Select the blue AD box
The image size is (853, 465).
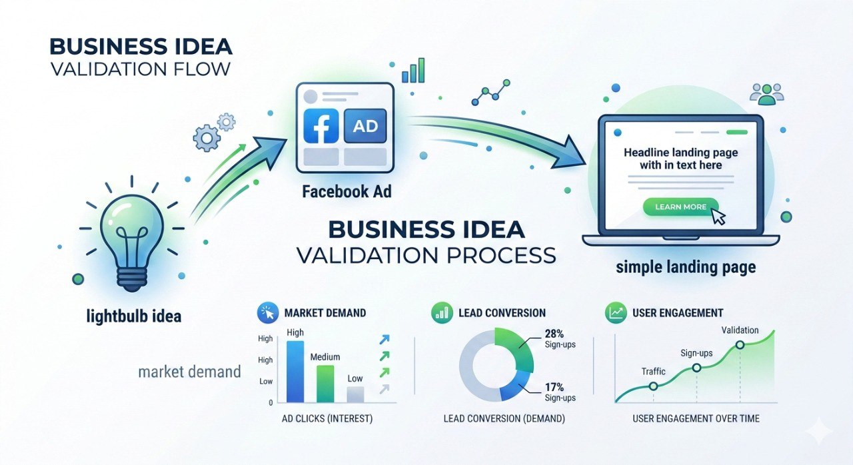[365, 125]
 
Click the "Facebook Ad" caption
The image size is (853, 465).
[347, 193]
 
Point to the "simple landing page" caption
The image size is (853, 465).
[686, 268]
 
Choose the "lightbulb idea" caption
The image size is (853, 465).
[134, 315]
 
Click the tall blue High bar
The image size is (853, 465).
[295, 371]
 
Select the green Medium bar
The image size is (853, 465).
[325, 383]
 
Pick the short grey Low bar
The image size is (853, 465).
[355, 394]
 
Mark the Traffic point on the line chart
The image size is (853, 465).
[653, 386]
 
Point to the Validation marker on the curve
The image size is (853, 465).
[740, 344]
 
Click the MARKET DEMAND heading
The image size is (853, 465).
[325, 312]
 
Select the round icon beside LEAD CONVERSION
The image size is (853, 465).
[441, 312]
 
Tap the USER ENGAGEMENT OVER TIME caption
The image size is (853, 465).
[696, 419]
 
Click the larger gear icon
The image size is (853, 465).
[207, 138]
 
